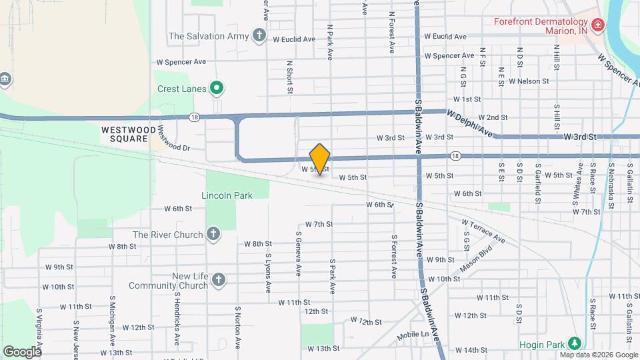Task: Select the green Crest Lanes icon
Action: point(217,87)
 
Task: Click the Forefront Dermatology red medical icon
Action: point(598,26)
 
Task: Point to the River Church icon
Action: point(213,234)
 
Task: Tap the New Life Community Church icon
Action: point(219,281)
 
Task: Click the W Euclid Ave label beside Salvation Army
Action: point(294,39)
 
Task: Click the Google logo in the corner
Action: point(22,351)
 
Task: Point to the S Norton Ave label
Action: point(237,327)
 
